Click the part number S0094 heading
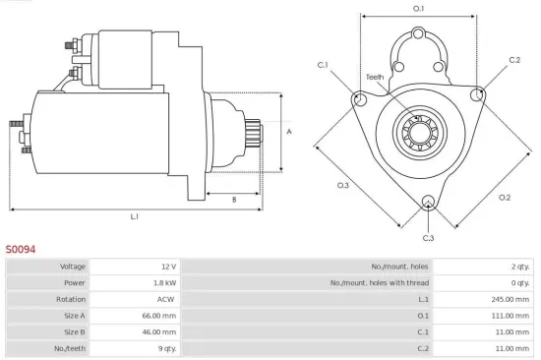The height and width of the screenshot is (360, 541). [x=21, y=250]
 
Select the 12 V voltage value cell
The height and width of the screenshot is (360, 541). [x=167, y=267]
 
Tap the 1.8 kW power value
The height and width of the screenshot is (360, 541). [x=165, y=282]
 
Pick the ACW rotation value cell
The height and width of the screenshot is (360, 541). [x=166, y=299]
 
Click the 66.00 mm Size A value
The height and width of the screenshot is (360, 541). [x=159, y=316]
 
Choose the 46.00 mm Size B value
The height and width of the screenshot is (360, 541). [x=159, y=332]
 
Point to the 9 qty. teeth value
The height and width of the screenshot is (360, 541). [x=164, y=348]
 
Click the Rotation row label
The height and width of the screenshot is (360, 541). [x=73, y=299]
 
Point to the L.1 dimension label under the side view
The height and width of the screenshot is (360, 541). [x=134, y=215]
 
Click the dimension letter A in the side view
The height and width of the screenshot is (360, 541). [x=288, y=131]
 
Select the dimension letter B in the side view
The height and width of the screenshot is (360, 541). [x=233, y=200]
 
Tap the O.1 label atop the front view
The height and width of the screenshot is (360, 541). [x=418, y=9]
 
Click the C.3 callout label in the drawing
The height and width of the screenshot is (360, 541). [x=428, y=238]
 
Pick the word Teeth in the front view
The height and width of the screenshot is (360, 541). [x=375, y=77]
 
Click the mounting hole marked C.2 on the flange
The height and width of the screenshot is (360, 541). [x=478, y=94]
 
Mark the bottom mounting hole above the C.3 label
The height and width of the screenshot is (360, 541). [x=428, y=204]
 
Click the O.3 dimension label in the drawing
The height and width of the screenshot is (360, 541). [x=343, y=186]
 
